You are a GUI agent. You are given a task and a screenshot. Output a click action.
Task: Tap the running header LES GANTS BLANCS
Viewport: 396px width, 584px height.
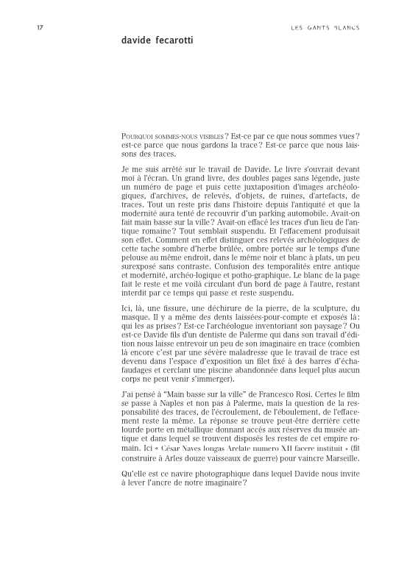tap(325, 27)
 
